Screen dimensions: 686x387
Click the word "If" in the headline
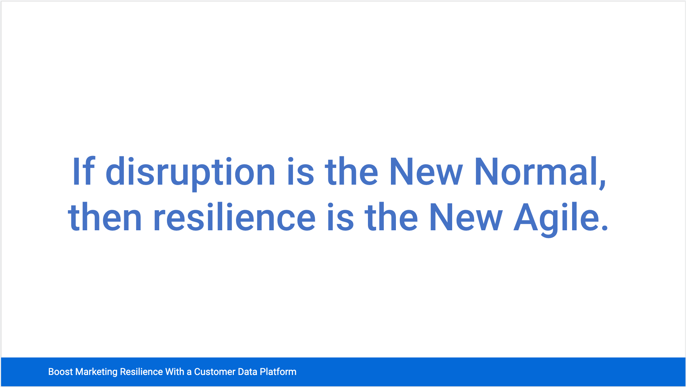[x=83, y=171]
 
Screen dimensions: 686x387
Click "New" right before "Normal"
[x=426, y=171]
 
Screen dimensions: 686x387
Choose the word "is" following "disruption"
[x=300, y=171]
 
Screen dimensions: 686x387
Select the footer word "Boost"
[x=60, y=372]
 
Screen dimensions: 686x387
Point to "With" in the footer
[x=175, y=372]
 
